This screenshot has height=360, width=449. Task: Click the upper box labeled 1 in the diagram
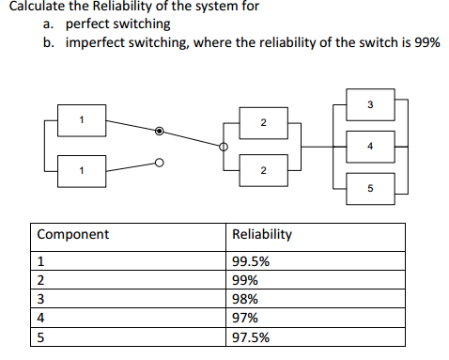pos(82,119)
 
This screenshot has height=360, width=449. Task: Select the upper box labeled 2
pos(262,123)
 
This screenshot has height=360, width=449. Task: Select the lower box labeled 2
pos(262,168)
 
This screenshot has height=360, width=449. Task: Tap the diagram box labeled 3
pos(370,102)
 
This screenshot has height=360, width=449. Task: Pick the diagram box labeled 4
pos(370,146)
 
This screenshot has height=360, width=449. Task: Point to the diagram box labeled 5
pos(370,188)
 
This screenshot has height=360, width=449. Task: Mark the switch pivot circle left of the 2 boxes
pos(224,147)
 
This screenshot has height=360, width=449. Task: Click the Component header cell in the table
pos(73,234)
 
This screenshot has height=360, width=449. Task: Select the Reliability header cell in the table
pos(262,234)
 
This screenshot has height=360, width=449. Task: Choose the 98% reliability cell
pos(247,300)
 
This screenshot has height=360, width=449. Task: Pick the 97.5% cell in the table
pos(251,337)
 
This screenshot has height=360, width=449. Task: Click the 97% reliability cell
pos(247,319)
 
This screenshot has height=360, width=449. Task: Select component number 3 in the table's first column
pos(40,300)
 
